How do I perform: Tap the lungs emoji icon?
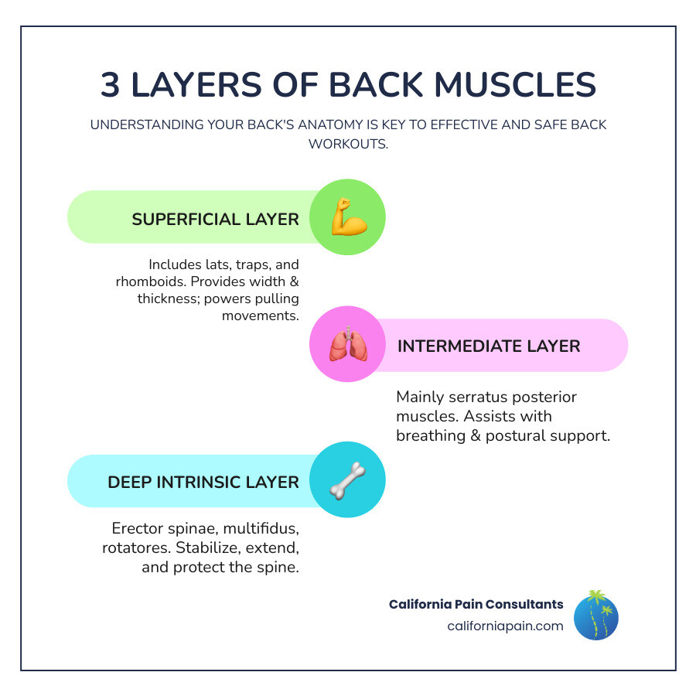347,345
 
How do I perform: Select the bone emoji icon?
347,479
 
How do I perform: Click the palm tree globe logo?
595,616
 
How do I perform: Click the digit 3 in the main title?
111,85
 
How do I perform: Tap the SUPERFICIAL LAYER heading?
215,219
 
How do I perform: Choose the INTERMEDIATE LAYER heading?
488,346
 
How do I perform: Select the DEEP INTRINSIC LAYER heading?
203,482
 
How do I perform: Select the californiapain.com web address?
505,626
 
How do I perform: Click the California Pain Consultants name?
476,604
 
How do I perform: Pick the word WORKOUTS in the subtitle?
347,144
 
